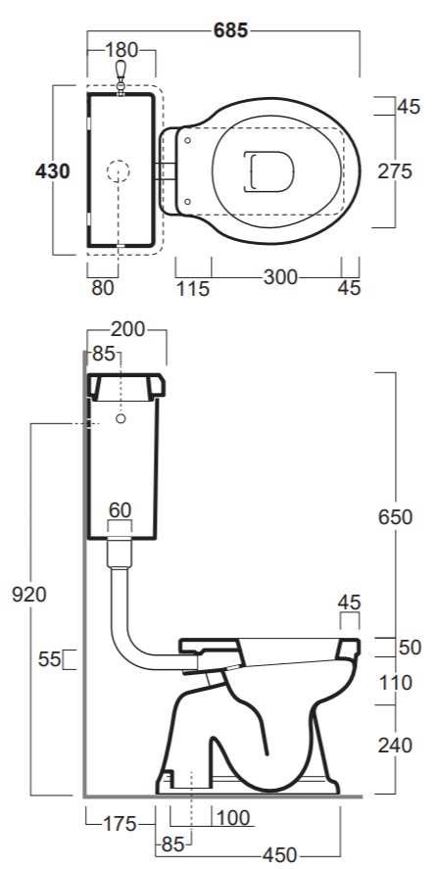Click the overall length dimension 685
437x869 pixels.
(x=230, y=30)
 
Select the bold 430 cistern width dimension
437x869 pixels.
(x=53, y=171)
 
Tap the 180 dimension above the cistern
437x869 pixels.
(x=121, y=50)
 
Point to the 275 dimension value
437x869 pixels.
(x=395, y=171)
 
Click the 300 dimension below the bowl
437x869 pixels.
(x=280, y=277)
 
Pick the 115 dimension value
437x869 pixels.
(x=193, y=288)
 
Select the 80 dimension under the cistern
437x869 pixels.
(x=102, y=288)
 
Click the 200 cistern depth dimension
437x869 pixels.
(x=127, y=330)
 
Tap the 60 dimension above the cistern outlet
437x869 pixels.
(x=120, y=508)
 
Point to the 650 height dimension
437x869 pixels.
(x=395, y=517)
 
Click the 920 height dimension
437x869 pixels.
(x=29, y=595)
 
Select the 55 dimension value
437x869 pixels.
(x=49, y=659)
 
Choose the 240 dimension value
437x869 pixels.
(x=395, y=746)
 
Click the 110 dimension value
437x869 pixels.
(x=395, y=683)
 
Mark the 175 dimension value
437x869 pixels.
(x=120, y=824)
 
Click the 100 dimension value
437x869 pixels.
(x=233, y=817)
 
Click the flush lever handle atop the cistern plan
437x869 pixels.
(x=121, y=75)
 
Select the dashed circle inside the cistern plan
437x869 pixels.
(x=119, y=171)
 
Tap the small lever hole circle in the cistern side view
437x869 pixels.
(x=121, y=418)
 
